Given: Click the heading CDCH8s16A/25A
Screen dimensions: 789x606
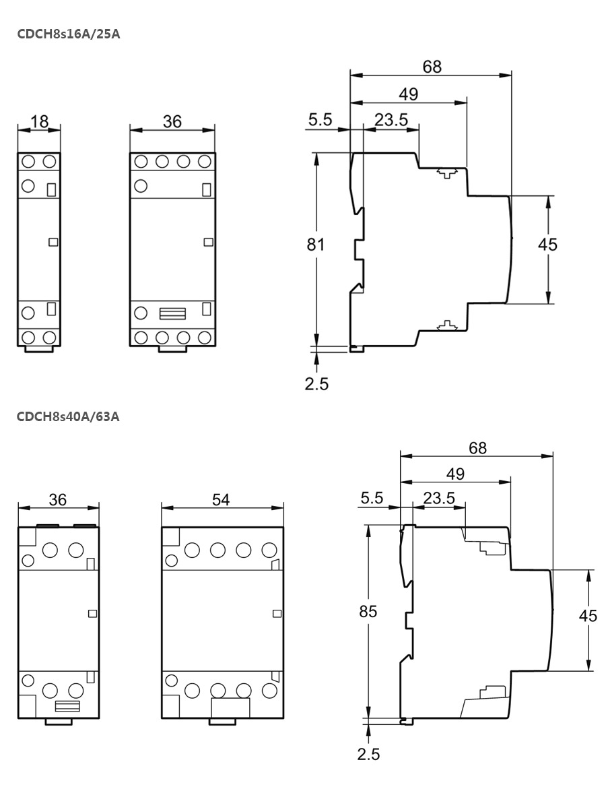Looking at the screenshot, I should coord(69,33).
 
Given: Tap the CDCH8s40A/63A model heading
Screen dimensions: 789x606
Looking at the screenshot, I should coord(69,416).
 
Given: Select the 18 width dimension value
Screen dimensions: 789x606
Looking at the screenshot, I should coord(40,121).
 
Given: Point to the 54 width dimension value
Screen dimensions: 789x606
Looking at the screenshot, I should coord(221,499).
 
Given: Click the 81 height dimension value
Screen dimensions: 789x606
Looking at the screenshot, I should coord(316,245).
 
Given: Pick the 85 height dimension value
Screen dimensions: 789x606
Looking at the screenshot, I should coord(368,612).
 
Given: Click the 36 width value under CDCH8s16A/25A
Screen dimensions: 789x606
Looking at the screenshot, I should coord(172,121).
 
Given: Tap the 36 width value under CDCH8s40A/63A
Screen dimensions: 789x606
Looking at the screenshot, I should coord(59,499).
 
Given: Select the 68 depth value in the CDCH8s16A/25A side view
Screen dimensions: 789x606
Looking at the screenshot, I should coord(432,66).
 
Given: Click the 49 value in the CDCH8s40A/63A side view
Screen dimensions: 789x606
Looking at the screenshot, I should coord(455,474).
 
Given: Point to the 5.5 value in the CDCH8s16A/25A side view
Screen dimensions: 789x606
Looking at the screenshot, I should coord(321,120).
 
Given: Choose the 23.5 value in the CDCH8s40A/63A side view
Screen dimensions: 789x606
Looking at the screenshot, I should coord(439,498).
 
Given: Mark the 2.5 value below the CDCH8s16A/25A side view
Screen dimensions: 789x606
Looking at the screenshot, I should coord(316,383).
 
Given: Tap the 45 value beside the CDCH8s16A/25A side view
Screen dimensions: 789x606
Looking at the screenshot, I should coord(547,245).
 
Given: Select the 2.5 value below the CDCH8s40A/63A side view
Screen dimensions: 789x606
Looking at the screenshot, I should coord(368,753).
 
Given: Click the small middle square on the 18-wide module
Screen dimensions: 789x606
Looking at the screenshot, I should coord(53,241).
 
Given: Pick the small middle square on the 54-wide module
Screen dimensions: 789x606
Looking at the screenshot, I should coord(275,612).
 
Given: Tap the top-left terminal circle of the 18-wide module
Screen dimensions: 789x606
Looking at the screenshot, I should coord(29,162).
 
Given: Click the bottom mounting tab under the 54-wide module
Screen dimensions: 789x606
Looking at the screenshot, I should coord(222,721).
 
